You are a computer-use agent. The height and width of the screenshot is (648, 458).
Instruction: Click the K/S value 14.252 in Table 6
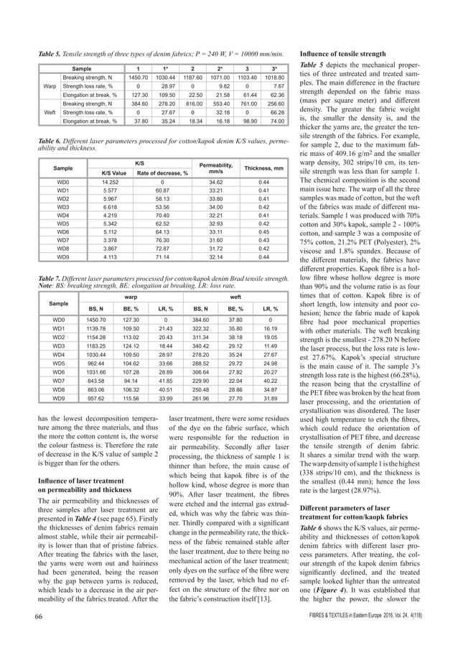tap(105, 183)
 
